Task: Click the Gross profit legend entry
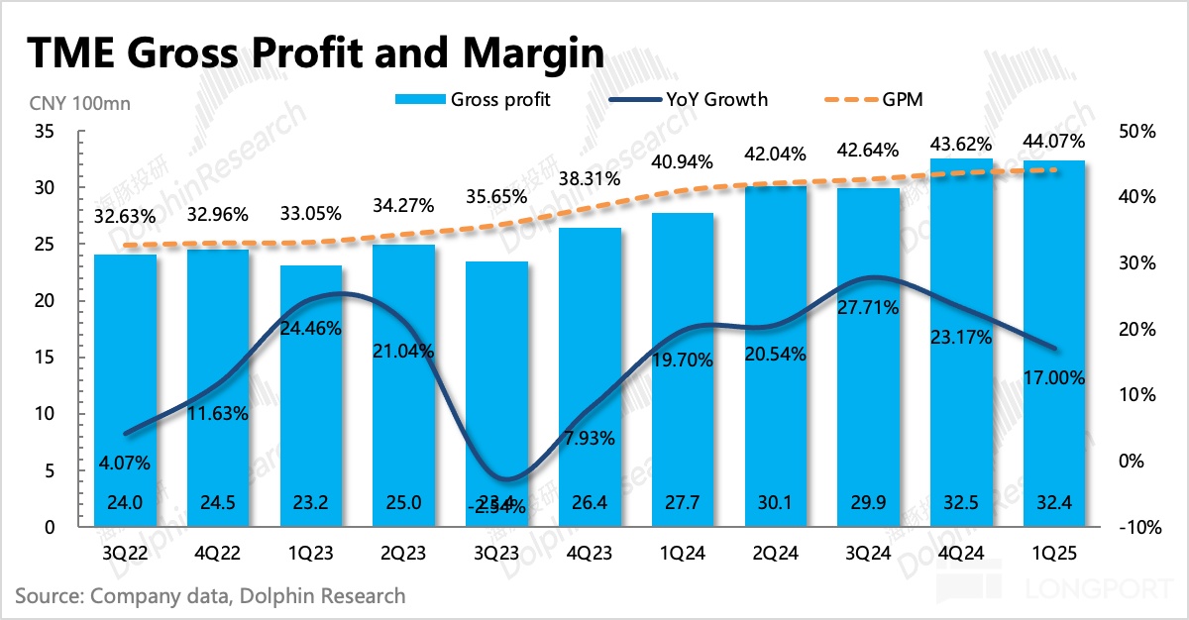[474, 99]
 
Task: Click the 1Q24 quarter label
[683, 556]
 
